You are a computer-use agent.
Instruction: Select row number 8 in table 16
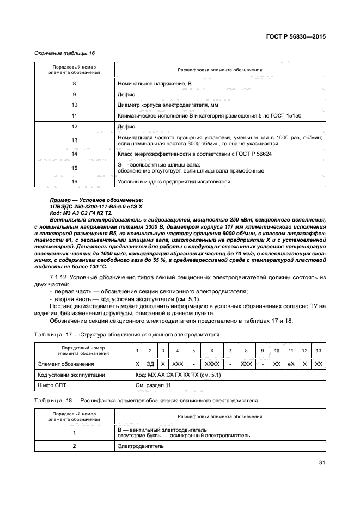(x=74, y=84)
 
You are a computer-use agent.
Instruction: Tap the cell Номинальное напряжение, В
(x=155, y=84)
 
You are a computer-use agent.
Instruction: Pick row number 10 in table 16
(x=74, y=104)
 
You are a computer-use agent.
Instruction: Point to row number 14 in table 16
(x=74, y=155)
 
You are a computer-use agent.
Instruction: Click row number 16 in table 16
(x=74, y=182)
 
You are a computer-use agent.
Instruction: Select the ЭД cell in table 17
(x=150, y=364)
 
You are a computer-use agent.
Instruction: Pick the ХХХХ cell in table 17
(x=212, y=364)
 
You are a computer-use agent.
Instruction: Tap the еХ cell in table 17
(x=291, y=364)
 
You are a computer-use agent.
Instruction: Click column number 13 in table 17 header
(x=319, y=350)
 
